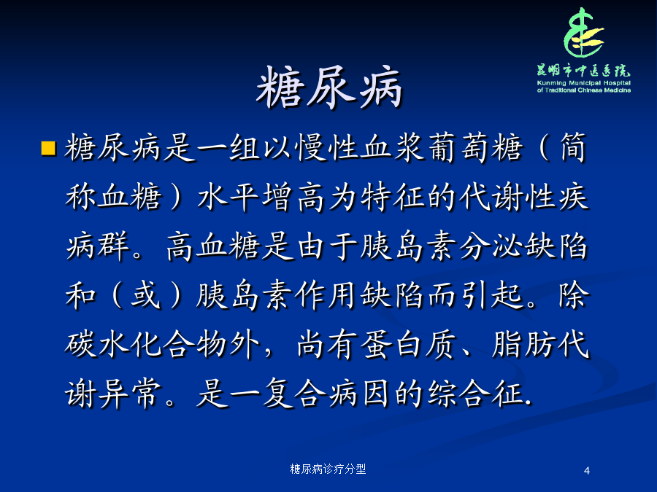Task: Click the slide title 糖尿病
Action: click(x=329, y=88)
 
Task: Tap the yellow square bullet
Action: click(x=49, y=148)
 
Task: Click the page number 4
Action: click(x=587, y=471)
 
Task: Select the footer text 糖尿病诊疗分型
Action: click(x=328, y=469)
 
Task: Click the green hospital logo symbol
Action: click(x=584, y=33)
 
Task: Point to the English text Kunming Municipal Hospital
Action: click(x=584, y=83)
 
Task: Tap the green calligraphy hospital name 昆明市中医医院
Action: click(x=584, y=70)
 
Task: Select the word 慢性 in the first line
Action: click(x=328, y=148)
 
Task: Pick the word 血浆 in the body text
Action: click(x=393, y=148)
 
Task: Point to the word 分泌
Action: click(x=491, y=246)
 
